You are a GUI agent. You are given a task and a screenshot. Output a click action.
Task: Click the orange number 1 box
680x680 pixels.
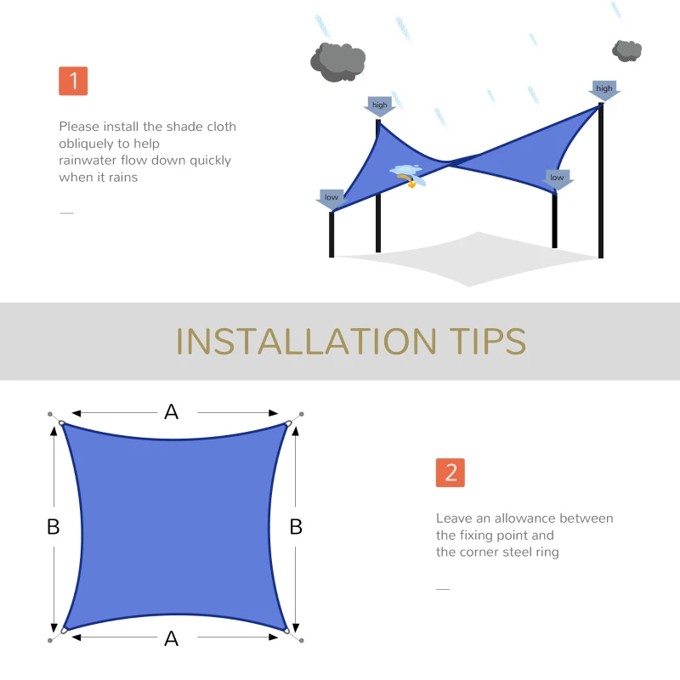pyautogui.click(x=73, y=81)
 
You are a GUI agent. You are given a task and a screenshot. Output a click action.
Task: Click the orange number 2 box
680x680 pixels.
pyautogui.click(x=450, y=473)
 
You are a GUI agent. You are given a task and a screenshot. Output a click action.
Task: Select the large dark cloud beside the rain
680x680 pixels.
pyautogui.click(x=338, y=61)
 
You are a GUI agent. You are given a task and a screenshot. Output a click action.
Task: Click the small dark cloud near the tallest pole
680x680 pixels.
pyautogui.click(x=627, y=50)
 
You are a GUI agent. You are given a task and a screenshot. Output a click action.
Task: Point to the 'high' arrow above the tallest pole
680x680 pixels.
pyautogui.click(x=604, y=90)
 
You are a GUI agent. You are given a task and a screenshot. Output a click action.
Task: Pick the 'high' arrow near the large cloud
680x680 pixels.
pyautogui.click(x=379, y=106)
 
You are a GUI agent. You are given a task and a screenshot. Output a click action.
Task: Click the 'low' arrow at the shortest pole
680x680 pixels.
pyautogui.click(x=331, y=199)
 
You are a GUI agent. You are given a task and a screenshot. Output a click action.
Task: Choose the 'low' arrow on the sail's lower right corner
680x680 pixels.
pyautogui.click(x=557, y=178)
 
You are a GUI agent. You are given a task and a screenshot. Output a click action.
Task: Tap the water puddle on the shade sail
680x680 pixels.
pyautogui.click(x=406, y=172)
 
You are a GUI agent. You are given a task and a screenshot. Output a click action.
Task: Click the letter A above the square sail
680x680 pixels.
pyautogui.click(x=172, y=412)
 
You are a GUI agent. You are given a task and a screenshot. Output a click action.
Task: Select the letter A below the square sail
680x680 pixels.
pyautogui.click(x=172, y=638)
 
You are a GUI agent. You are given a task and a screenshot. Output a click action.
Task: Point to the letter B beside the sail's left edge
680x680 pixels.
pyautogui.click(x=53, y=527)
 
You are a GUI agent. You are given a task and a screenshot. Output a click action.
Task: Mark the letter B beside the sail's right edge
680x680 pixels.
pyautogui.click(x=296, y=527)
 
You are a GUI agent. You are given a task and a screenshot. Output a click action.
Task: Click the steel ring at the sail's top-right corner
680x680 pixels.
pyautogui.click(x=289, y=422)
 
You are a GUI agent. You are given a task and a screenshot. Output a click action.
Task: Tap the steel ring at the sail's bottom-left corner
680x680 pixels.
pyautogui.click(x=62, y=631)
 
